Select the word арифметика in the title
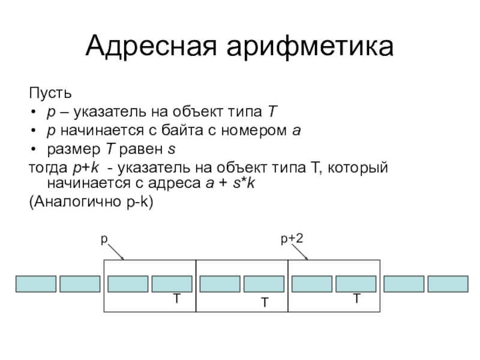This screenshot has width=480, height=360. click(x=311, y=46)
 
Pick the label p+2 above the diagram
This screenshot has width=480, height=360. click(x=292, y=239)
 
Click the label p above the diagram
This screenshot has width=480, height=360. click(x=103, y=239)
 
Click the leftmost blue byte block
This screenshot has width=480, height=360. click(x=36, y=284)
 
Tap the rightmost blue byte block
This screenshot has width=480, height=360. click(x=448, y=284)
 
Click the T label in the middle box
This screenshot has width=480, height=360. click(x=263, y=304)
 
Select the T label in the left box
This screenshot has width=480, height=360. click(x=177, y=298)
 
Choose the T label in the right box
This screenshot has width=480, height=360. click(x=356, y=298)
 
